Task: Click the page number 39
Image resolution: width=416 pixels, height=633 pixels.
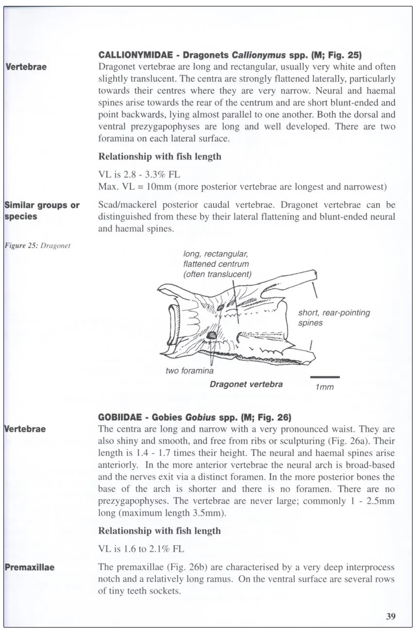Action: (390, 616)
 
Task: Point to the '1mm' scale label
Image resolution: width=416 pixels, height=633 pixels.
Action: (324, 387)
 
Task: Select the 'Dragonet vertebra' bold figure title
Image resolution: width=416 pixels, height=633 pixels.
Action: (246, 384)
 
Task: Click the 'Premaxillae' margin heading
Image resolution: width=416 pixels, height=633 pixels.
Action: (29, 567)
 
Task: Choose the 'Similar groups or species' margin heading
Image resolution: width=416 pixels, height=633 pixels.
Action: (42, 211)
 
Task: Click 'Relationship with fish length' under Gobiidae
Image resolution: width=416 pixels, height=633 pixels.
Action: (159, 531)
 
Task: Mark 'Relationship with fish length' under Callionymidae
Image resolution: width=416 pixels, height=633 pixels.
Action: (159, 157)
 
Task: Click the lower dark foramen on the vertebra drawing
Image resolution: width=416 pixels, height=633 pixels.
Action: (212, 336)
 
